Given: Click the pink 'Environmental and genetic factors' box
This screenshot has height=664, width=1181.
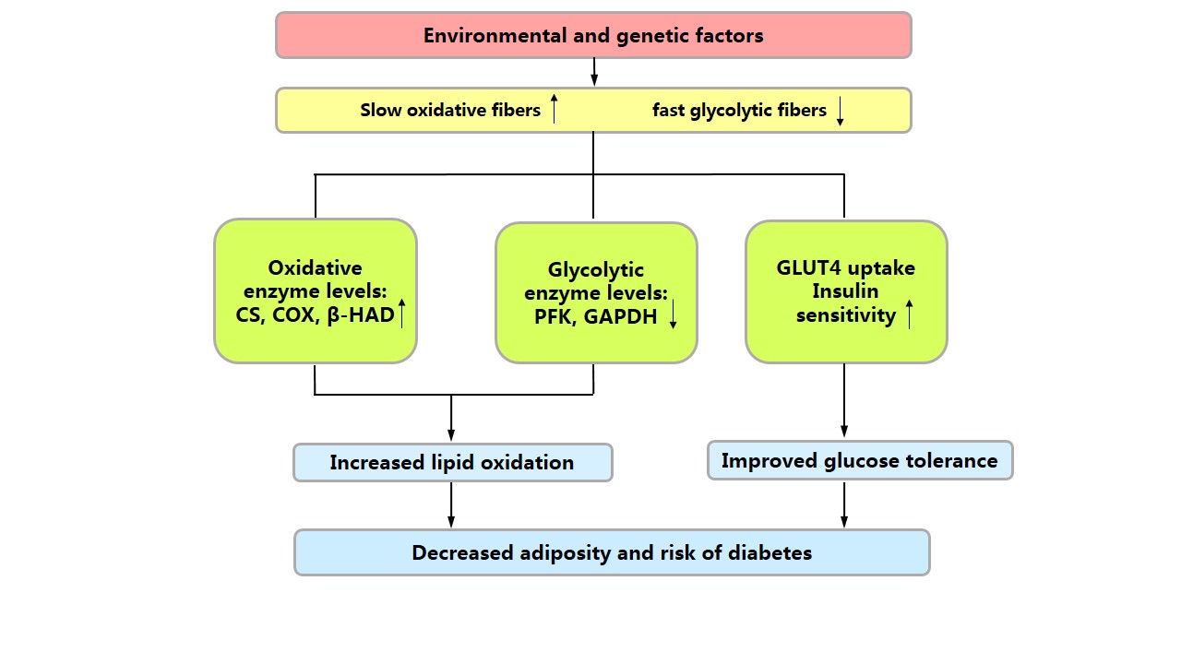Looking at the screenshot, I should point(593,35).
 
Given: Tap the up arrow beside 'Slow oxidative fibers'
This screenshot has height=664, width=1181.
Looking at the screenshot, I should point(554,109).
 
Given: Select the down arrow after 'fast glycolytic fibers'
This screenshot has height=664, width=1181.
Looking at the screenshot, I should point(840,111).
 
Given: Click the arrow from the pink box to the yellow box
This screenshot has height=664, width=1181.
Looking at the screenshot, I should point(593,72).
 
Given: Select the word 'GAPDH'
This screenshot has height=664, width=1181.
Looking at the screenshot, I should point(621,318).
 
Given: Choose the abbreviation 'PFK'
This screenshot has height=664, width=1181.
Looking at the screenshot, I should point(554,318).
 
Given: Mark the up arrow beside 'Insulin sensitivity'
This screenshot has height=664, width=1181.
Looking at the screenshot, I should point(909,314).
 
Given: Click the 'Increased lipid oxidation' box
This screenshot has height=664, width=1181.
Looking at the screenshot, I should point(452,462).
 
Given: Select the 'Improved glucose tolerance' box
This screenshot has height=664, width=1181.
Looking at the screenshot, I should point(860,460).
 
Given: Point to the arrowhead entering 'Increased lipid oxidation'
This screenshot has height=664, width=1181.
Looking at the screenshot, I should point(451,433).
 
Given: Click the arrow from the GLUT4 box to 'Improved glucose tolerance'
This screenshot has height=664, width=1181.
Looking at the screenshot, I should point(844,401).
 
